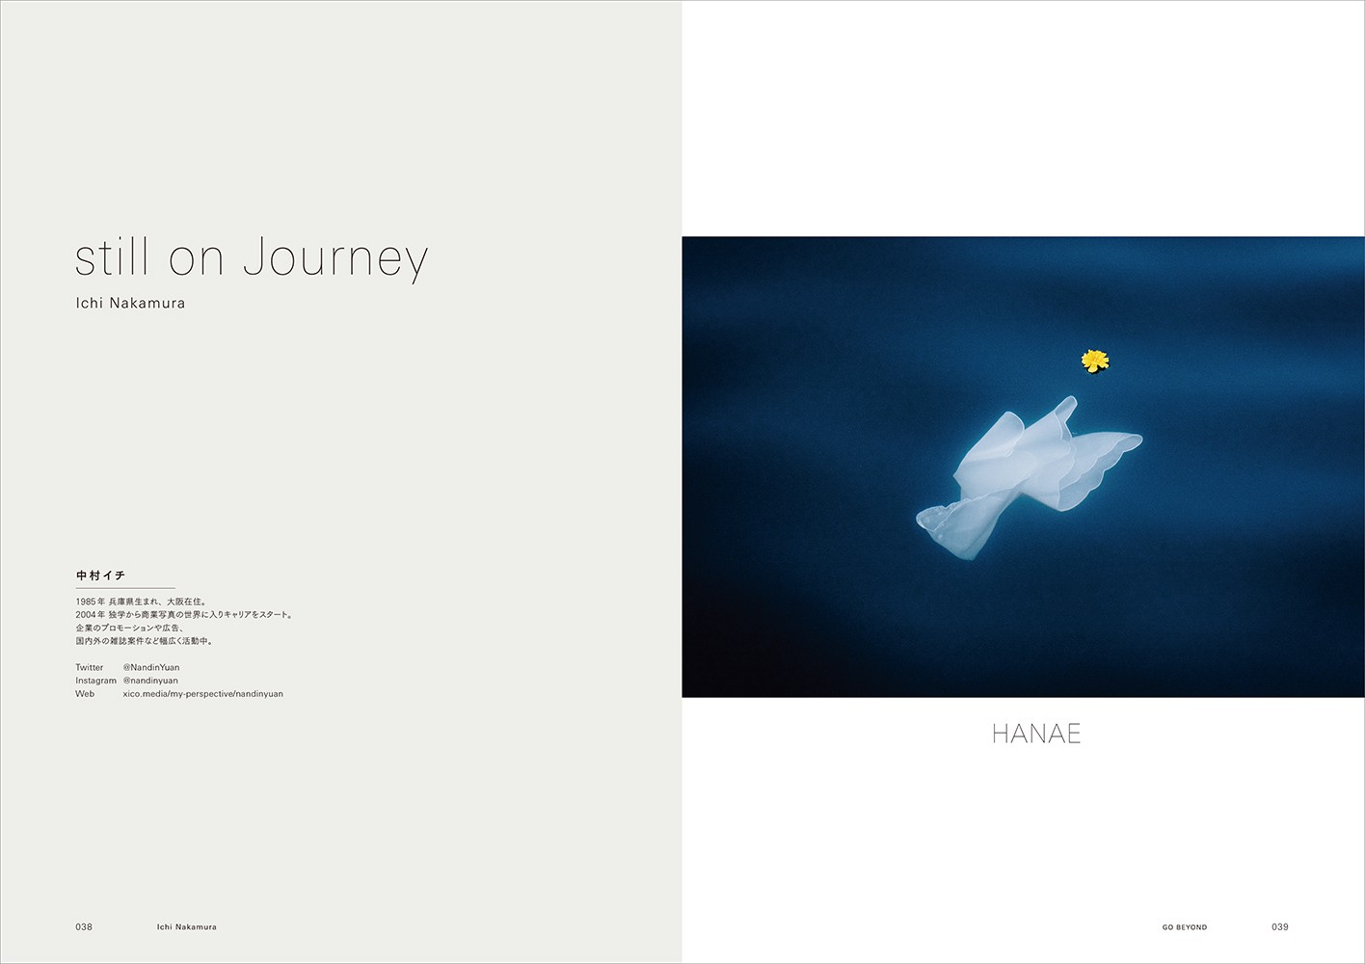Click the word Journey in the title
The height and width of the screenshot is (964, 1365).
pos(335,258)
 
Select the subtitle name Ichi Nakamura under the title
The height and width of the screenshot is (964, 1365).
pos(130,303)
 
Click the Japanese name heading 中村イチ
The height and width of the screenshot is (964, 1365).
pos(100,576)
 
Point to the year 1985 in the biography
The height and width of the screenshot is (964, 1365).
pos(86,602)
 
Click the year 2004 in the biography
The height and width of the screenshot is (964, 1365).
pos(86,615)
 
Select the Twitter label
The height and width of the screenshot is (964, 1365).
pos(90,667)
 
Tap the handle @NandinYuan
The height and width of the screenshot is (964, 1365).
pos(151,667)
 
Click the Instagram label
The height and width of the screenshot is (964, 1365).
pos(95,681)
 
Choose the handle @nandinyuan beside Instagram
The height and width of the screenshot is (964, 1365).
pos(150,681)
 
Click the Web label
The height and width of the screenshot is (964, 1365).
pos(85,693)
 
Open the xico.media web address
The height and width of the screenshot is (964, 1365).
pos(203,694)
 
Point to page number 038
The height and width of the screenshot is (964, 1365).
pos(84,926)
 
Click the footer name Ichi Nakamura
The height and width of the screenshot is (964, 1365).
pos(186,926)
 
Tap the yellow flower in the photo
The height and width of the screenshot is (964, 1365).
pos(1095,361)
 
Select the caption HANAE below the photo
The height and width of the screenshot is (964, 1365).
pos(1036,734)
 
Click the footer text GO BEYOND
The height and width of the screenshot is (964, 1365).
pos(1185,927)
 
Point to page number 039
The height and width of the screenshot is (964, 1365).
pos(1280,926)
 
